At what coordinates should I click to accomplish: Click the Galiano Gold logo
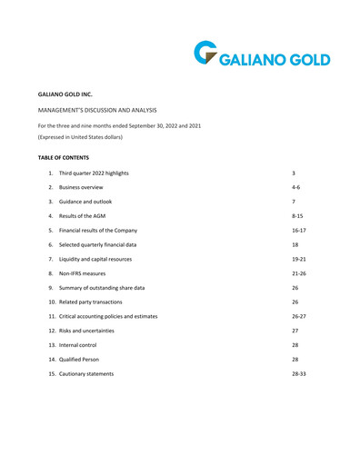tap(261, 56)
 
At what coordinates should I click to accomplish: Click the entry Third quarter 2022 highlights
tap(100, 174)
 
